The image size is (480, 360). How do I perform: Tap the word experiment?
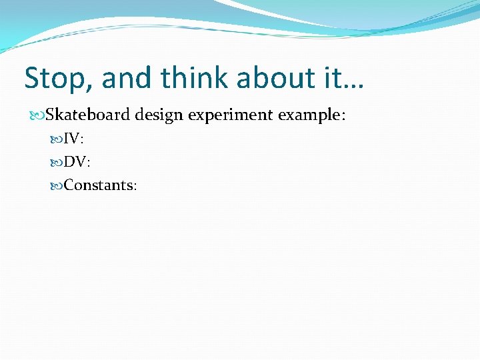(230, 115)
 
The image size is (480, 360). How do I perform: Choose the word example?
(309, 115)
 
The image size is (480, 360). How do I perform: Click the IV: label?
(73, 139)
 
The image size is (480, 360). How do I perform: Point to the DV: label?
(77, 162)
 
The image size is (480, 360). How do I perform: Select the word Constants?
(98, 185)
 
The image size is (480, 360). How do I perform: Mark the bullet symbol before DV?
(58, 162)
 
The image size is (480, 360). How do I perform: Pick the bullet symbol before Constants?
(58, 185)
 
